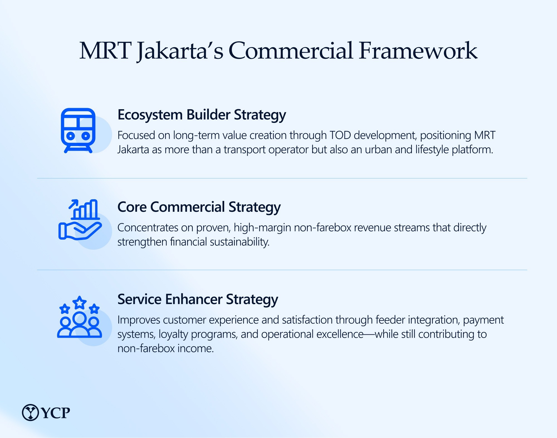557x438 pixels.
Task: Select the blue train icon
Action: pos(78,130)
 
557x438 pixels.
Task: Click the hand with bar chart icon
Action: pos(80,220)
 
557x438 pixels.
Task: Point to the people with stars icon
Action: pos(80,317)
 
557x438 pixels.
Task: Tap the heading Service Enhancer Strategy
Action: pos(198,300)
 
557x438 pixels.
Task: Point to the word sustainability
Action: pos(240,242)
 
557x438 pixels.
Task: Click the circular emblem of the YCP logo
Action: pos(30,412)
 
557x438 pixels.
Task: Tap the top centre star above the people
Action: pos(80,302)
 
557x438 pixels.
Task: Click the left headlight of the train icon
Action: pos(71,136)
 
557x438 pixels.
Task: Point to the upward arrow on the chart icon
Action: pos(74,204)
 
